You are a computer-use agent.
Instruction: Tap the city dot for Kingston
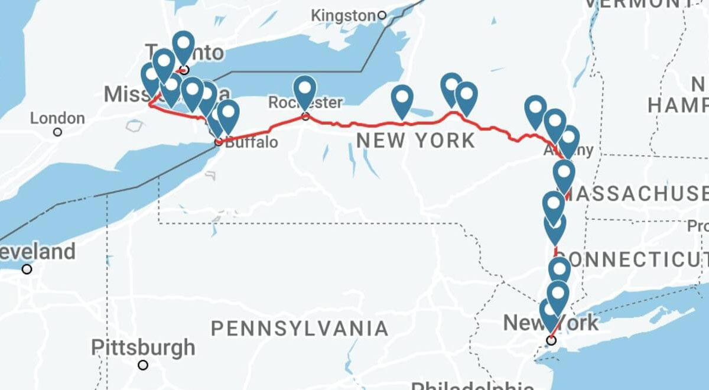click(382, 15)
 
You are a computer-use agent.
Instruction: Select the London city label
click(57, 118)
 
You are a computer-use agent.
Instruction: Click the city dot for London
click(57, 132)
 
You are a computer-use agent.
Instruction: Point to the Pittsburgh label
click(144, 347)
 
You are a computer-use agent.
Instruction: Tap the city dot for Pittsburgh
click(142, 365)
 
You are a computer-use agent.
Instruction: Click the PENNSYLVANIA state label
click(300, 328)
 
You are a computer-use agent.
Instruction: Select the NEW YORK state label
click(415, 141)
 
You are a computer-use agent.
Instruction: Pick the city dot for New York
click(551, 340)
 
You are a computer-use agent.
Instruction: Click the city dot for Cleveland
click(27, 269)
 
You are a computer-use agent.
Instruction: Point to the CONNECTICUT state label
click(632, 258)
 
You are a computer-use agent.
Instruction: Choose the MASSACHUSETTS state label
click(641, 193)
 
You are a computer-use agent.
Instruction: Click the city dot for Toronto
click(184, 70)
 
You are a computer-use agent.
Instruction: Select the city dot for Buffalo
click(219, 142)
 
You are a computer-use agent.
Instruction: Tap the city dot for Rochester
click(305, 116)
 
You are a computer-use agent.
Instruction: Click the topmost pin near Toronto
click(184, 44)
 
